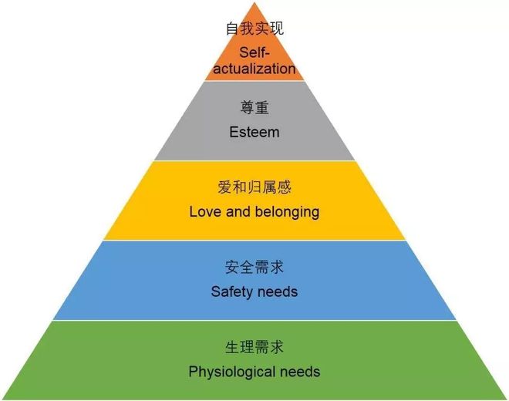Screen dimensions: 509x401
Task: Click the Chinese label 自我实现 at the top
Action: click(254, 29)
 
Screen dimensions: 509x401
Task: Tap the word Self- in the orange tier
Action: click(254, 52)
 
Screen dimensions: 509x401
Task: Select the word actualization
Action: click(254, 69)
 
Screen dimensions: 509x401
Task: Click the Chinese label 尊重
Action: click(254, 107)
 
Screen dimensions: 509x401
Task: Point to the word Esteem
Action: click(254, 132)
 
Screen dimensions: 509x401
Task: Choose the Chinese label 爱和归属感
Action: click(254, 187)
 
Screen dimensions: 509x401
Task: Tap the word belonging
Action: click(287, 213)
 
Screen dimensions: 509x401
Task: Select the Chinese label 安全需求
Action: click(254, 268)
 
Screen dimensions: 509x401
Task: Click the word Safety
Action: click(231, 292)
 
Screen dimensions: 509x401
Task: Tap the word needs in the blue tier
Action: click(277, 291)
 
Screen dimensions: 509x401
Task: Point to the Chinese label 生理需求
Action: click(254, 347)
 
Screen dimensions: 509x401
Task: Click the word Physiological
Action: click(232, 372)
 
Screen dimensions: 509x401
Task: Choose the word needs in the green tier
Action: click(300, 372)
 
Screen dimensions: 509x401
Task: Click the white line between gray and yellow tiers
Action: click(254, 160)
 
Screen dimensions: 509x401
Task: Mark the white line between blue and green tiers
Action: click(254, 321)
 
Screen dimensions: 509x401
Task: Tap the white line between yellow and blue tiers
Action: click(254, 241)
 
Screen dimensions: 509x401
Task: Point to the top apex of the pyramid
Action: click(254, 2)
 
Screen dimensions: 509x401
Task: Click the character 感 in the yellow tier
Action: click(284, 187)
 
